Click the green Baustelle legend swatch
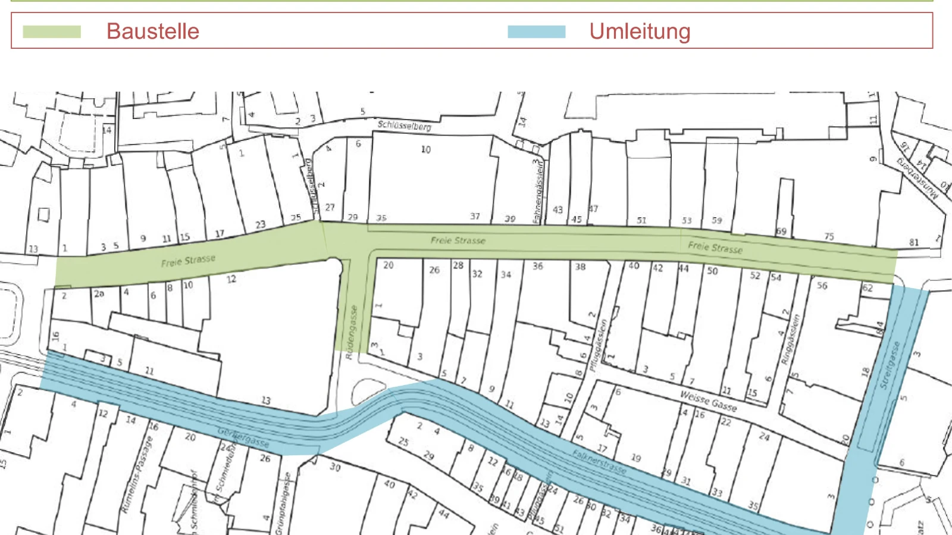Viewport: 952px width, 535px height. pyautogui.click(x=52, y=32)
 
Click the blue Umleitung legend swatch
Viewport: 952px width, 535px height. pyautogui.click(x=536, y=32)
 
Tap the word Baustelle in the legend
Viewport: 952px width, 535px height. pyautogui.click(x=153, y=32)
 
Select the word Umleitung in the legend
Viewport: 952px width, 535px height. pyautogui.click(x=640, y=32)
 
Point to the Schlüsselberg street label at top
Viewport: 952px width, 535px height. pyautogui.click(x=404, y=125)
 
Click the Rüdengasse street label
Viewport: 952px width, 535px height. pyautogui.click(x=352, y=332)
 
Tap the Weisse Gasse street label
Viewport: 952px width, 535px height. pyautogui.click(x=708, y=401)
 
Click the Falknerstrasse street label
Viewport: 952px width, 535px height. pyautogui.click(x=599, y=462)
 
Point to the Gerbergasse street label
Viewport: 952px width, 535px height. pyautogui.click(x=243, y=437)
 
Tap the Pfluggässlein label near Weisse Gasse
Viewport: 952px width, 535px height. pyautogui.click(x=598, y=346)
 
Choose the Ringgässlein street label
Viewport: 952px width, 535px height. pyautogui.click(x=791, y=340)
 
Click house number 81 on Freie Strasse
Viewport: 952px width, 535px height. pyautogui.click(x=914, y=242)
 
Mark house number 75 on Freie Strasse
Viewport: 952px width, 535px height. pyautogui.click(x=829, y=236)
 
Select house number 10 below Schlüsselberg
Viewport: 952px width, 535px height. pyautogui.click(x=426, y=149)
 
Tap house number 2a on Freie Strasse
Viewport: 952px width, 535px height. pyautogui.click(x=99, y=293)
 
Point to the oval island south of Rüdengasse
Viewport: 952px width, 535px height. pyautogui.click(x=368, y=390)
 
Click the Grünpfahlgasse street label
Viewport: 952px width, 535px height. pyautogui.click(x=287, y=503)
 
